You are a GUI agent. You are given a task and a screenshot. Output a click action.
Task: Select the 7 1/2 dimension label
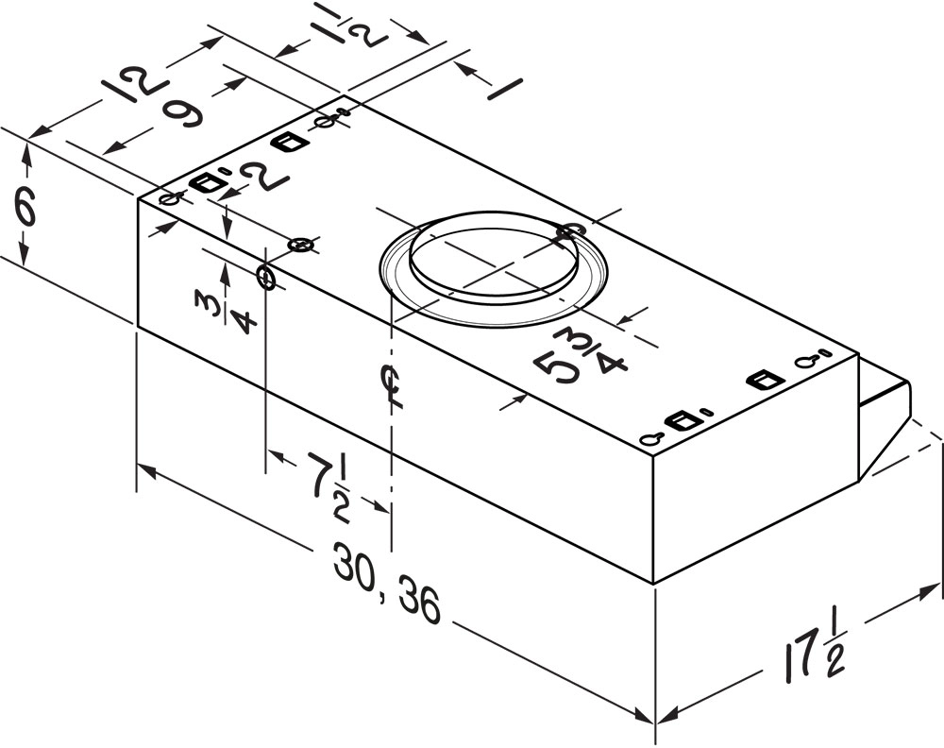329,488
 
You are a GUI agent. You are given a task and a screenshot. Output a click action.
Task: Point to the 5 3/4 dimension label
580,357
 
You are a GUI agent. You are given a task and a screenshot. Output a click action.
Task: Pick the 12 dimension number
134,86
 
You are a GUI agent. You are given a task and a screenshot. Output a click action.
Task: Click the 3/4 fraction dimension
226,311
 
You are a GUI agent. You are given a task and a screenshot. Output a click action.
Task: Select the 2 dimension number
265,177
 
